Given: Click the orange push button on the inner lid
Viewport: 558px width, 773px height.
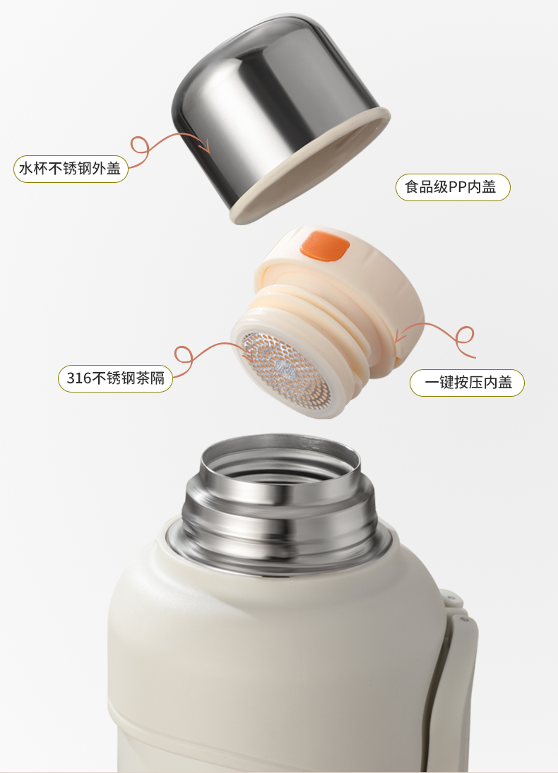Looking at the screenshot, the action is click(x=325, y=246).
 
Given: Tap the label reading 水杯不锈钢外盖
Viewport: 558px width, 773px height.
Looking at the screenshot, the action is click(x=71, y=169).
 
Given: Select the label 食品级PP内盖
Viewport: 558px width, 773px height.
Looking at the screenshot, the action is click(x=453, y=187).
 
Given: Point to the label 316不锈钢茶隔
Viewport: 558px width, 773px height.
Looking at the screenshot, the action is click(x=115, y=378).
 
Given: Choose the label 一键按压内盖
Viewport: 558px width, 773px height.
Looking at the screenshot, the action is click(x=467, y=383).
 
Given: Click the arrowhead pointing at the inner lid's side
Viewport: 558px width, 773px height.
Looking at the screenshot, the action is click(x=400, y=337).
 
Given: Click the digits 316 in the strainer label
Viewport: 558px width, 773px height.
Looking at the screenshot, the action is click(x=79, y=378).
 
